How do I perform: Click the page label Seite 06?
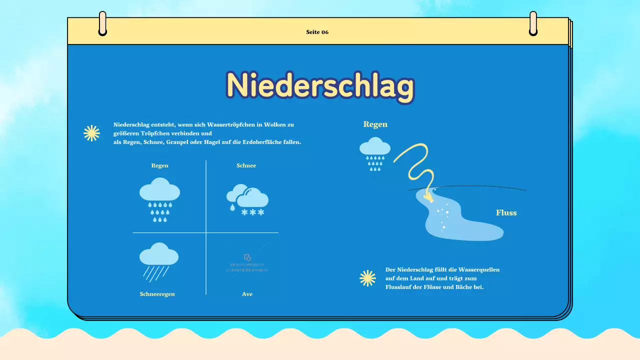click(317, 32)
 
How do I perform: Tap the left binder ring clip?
click(102, 23)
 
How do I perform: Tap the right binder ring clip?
click(533, 23)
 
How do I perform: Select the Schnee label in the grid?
click(246, 165)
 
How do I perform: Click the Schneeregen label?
click(157, 294)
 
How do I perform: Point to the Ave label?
click(247, 294)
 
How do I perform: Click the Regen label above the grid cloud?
click(159, 165)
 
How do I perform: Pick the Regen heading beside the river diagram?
click(375, 124)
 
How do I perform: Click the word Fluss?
click(506, 212)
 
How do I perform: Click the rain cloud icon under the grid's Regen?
click(159, 199)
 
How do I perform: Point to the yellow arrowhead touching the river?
click(428, 196)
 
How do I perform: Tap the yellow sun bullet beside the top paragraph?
click(91, 133)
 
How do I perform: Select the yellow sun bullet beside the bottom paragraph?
click(367, 278)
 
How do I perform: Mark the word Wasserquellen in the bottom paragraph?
click(480, 269)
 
